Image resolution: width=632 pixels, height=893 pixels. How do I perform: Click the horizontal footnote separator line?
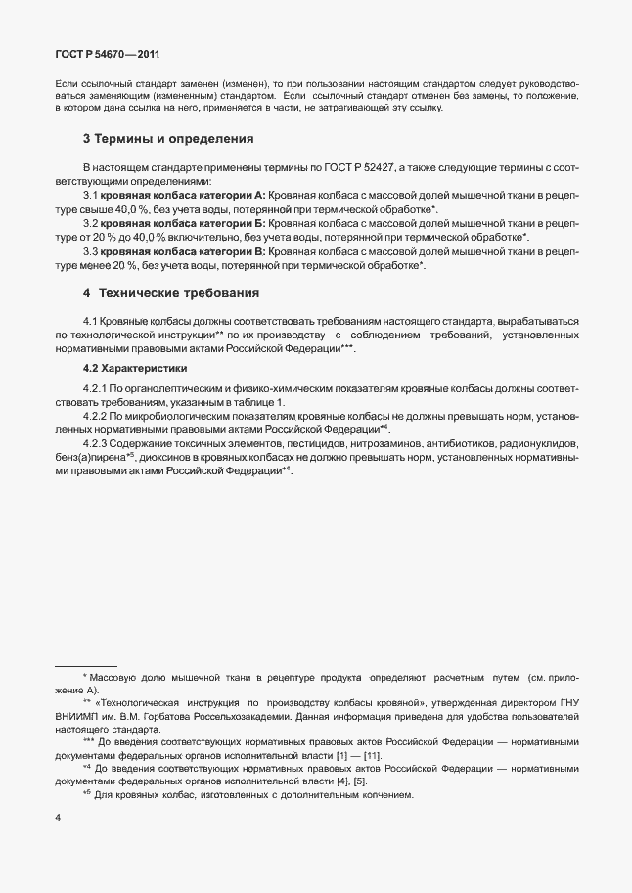(85, 666)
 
